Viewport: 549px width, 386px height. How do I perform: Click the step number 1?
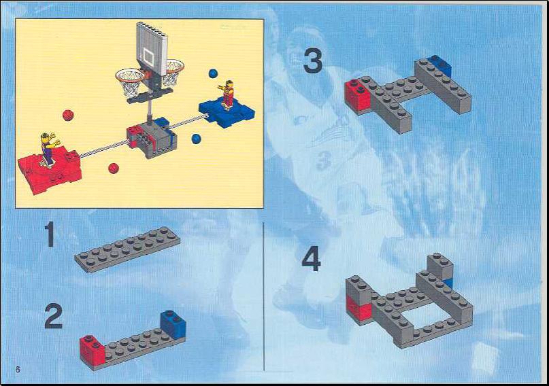[x=50, y=234]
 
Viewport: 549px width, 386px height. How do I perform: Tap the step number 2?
[x=54, y=316]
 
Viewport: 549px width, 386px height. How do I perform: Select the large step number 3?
[x=313, y=61]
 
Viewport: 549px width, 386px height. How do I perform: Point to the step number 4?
[x=312, y=259]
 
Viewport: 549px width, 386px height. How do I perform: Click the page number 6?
[x=18, y=370]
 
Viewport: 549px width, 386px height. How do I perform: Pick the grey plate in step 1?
[x=127, y=249]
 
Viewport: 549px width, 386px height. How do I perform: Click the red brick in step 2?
[x=92, y=350]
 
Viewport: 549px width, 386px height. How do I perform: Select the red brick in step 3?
[x=357, y=95]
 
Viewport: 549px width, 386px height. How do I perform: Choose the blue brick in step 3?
[x=439, y=65]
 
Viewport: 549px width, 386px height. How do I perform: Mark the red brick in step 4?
[x=359, y=308]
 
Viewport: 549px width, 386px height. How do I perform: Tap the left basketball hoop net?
[x=130, y=82]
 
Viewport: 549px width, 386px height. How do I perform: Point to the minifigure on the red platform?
[x=48, y=148]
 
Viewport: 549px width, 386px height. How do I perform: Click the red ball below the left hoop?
[x=68, y=116]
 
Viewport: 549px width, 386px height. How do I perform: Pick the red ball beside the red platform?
[x=114, y=168]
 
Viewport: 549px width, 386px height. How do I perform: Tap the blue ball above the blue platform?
[x=213, y=73]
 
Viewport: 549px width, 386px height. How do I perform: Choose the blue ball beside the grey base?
[x=197, y=139]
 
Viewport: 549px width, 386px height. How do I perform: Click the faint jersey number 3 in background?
[x=324, y=162]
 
